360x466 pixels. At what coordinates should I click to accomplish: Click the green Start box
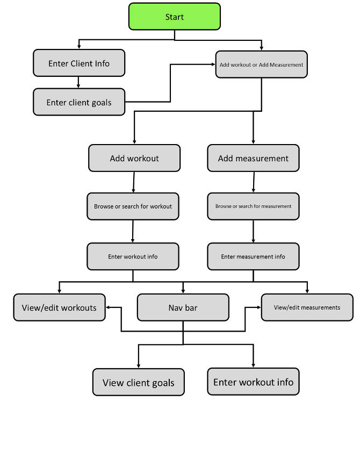(x=175, y=17)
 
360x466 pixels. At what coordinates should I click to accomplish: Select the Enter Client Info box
(x=79, y=63)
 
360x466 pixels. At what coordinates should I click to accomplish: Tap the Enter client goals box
(x=79, y=102)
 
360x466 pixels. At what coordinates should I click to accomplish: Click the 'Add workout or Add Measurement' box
(x=261, y=64)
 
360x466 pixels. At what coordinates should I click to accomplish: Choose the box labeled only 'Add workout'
(x=134, y=158)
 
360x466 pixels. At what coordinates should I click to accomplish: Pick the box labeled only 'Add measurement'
(x=253, y=158)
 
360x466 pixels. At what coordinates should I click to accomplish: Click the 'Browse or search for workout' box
(x=133, y=206)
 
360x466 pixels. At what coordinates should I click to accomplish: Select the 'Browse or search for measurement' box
(x=253, y=206)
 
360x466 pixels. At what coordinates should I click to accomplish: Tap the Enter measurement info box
(x=253, y=256)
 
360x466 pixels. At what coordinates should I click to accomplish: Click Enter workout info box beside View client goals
(x=253, y=382)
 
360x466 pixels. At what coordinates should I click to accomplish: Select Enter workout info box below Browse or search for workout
(x=133, y=256)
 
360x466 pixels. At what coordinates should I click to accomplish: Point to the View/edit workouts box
(x=59, y=307)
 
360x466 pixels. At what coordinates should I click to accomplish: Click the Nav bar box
(x=183, y=307)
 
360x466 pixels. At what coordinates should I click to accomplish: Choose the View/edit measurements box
(x=307, y=307)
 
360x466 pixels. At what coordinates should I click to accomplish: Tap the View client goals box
(x=138, y=383)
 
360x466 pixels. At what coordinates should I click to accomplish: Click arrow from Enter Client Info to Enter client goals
(x=79, y=82)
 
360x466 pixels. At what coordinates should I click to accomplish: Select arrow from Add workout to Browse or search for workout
(x=133, y=182)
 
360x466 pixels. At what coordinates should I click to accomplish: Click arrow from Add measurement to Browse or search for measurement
(x=253, y=182)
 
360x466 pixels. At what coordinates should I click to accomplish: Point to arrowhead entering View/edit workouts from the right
(x=109, y=307)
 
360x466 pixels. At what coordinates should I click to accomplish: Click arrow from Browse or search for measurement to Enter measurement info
(x=253, y=232)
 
